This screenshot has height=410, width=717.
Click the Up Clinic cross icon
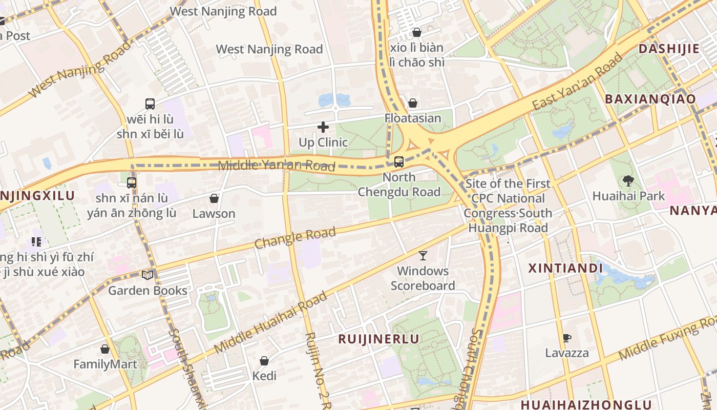(323, 127)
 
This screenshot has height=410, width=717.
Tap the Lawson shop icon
(214, 198)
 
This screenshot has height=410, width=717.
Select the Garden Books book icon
(147, 275)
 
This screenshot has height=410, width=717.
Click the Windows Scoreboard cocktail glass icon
(423, 255)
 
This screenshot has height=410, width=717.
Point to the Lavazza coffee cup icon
(566, 338)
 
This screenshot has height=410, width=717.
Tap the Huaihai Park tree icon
(628, 180)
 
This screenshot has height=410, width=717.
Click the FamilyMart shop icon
(105, 349)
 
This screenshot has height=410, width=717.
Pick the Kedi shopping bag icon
(264, 361)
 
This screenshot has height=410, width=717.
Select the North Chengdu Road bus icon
(398, 162)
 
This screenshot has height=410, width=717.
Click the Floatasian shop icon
(413, 103)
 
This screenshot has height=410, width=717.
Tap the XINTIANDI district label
(565, 268)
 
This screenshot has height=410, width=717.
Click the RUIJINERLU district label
(378, 339)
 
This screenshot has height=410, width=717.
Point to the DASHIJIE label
(669, 49)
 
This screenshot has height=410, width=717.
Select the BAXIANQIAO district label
(650, 99)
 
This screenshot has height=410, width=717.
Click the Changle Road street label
(295, 238)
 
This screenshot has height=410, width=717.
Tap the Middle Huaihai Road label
(270, 323)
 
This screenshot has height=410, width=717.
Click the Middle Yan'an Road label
(277, 165)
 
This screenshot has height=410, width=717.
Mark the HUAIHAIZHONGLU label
(586, 404)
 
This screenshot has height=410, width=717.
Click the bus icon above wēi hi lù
(150, 104)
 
